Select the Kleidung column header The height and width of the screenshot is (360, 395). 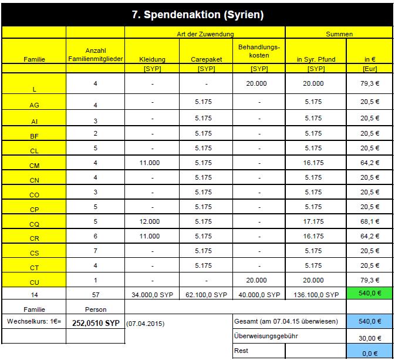[x=152, y=59]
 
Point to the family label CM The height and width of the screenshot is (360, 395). [x=34, y=166]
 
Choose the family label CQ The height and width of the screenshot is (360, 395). [x=34, y=224]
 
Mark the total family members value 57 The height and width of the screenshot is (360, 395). [x=95, y=293]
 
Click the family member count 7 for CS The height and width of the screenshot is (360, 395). [x=95, y=251]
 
